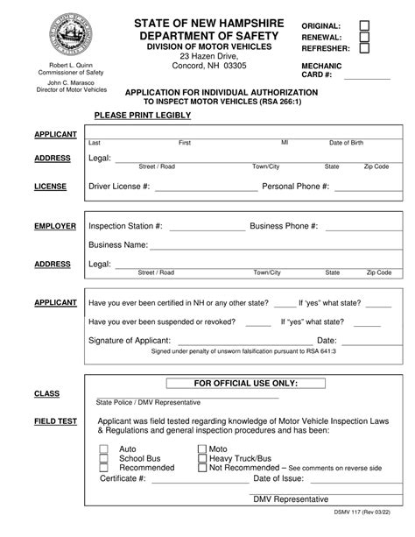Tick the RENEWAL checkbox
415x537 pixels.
click(364, 38)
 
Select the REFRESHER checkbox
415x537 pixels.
click(364, 49)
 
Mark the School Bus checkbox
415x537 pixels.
click(103, 458)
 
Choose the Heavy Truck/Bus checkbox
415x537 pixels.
click(200, 458)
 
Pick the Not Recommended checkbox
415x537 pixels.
click(200, 468)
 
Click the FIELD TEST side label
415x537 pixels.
click(57, 421)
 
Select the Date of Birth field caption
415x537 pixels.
click(347, 143)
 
